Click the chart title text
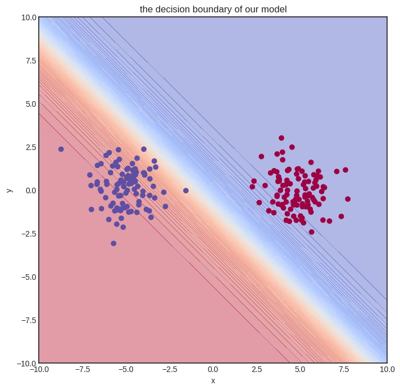point(213,9)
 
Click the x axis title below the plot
point(213,380)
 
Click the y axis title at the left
point(9,190)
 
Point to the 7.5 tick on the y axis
point(29,61)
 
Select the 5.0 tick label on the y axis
point(29,104)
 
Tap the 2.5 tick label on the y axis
point(29,147)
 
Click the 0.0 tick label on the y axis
point(29,191)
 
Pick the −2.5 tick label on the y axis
point(26,234)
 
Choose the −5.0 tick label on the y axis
point(26,277)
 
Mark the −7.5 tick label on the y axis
point(26,320)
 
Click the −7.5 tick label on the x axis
point(82,369)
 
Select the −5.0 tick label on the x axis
point(125,369)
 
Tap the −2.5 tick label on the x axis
point(169,369)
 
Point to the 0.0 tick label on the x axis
point(213,369)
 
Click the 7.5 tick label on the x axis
point(343,369)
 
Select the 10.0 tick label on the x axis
point(385,369)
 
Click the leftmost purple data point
point(61,149)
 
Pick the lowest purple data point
point(113,243)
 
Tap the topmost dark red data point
point(281,138)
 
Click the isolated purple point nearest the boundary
point(186,191)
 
